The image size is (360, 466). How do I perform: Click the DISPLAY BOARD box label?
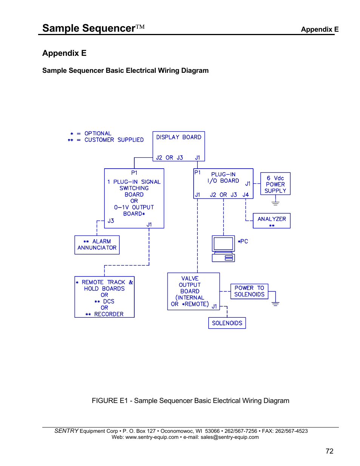178,137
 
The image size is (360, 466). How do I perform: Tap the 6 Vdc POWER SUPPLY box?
275,184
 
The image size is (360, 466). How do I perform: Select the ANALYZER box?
271,221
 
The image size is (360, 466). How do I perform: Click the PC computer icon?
223,249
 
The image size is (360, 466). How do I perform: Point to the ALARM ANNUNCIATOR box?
97,245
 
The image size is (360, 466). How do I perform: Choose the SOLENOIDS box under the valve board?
227,323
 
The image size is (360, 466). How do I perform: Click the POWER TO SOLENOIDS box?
249,291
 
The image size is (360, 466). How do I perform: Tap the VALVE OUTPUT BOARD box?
193,291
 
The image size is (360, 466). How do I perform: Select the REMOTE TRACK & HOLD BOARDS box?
104,297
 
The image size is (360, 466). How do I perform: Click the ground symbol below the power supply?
275,203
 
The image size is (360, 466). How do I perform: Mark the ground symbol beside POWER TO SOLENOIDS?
275,303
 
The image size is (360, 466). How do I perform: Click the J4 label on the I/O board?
246,195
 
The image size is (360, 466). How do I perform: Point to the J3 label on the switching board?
111,221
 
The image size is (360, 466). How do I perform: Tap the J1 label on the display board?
197,158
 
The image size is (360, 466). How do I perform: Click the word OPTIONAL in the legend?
98,134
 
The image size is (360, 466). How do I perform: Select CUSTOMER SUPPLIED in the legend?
114,140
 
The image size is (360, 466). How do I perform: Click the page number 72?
329,451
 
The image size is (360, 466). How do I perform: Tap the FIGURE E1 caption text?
190,401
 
